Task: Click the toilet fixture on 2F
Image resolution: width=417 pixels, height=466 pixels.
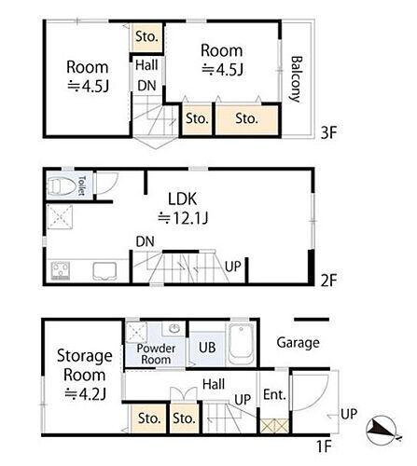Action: point(63,186)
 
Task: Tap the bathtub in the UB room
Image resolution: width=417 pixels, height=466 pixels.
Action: point(241,344)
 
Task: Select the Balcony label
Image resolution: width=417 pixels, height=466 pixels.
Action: point(296,79)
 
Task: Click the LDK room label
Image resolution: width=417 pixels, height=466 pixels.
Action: point(183,199)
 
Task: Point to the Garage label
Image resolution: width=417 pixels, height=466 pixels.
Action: point(298,343)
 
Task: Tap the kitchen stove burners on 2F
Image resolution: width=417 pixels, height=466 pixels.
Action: point(61,270)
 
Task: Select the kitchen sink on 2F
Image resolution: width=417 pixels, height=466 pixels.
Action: point(104,271)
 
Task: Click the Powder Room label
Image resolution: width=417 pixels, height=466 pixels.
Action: point(156,354)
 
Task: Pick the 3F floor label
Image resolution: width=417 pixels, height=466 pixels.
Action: point(328,133)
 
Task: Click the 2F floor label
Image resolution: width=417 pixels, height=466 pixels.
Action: point(328,281)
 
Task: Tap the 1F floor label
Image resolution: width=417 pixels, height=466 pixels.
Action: point(324,446)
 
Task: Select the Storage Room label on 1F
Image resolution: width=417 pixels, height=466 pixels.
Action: point(84,365)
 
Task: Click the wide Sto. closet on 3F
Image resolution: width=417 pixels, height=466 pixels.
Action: point(246,120)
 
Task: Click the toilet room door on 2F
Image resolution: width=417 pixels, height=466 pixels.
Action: point(107,184)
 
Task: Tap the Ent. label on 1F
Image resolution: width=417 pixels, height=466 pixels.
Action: point(274,395)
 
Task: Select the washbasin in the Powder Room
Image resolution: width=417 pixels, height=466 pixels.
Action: point(174,329)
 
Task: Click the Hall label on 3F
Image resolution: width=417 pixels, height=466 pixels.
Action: point(146,65)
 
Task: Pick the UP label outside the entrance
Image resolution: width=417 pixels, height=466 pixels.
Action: point(349,414)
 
